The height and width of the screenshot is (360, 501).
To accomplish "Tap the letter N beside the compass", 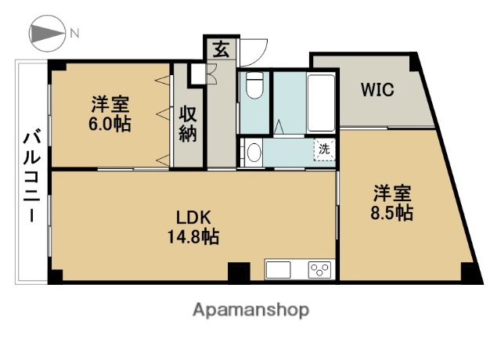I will pyautogui.click(x=75, y=33).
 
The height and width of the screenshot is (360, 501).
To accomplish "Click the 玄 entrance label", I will pyautogui.click(x=220, y=49).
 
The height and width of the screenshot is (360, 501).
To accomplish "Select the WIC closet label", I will pyautogui.click(x=377, y=88).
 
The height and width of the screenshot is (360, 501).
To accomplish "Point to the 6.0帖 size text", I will pyautogui.click(x=110, y=124).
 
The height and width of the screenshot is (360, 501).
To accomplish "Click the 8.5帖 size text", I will pyautogui.click(x=392, y=212).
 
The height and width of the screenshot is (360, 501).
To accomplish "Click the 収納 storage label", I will pyautogui.click(x=189, y=123).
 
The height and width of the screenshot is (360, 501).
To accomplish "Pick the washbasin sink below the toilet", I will pyautogui.click(x=252, y=152).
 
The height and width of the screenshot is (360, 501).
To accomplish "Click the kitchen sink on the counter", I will pyautogui.click(x=279, y=270).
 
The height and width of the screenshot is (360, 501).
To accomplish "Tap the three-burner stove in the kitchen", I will pyautogui.click(x=319, y=270).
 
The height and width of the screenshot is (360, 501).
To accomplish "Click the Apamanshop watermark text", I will pyautogui.click(x=250, y=310).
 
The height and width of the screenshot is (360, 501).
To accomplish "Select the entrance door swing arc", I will pyautogui.click(x=252, y=53).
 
